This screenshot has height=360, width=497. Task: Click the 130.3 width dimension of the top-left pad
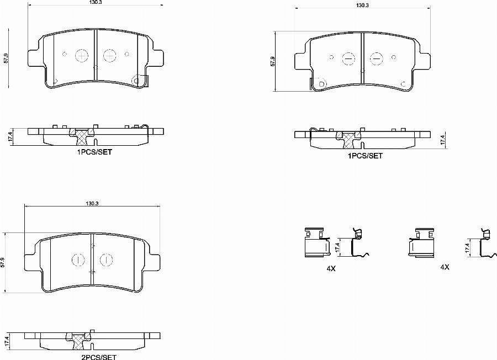click(96, 3)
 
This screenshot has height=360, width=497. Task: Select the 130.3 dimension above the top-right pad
click(362, 5)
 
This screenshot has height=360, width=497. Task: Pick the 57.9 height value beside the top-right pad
click(272, 61)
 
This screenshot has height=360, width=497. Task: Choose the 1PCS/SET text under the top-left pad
click(94, 152)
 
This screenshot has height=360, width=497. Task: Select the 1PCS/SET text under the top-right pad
click(364, 156)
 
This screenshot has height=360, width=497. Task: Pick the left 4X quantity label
click(331, 268)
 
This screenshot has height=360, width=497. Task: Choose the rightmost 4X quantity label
click(445, 267)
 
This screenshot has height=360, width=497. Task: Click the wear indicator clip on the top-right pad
click(319, 83)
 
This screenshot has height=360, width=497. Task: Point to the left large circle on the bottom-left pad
click(77, 259)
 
